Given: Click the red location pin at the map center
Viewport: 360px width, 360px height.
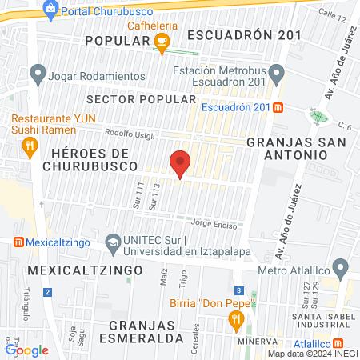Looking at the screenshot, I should (x=180, y=162).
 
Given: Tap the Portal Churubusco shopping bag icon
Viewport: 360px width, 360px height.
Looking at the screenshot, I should (x=51, y=10).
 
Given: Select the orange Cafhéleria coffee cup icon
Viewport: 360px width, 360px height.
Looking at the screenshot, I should (x=162, y=46).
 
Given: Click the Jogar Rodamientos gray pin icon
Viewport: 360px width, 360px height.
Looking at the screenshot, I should (x=37, y=75).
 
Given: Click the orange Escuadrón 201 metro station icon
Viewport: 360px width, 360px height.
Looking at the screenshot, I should (x=277, y=107).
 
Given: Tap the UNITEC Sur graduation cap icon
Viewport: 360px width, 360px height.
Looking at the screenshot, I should (x=114, y=241).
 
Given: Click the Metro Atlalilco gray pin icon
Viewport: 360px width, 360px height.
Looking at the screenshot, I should (x=342, y=266).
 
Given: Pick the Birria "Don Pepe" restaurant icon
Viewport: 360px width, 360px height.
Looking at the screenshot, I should (x=235, y=319).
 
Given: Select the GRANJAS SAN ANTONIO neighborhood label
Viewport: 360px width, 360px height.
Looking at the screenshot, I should (x=296, y=150).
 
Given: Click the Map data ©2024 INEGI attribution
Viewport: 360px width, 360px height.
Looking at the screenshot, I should (x=313, y=353).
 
